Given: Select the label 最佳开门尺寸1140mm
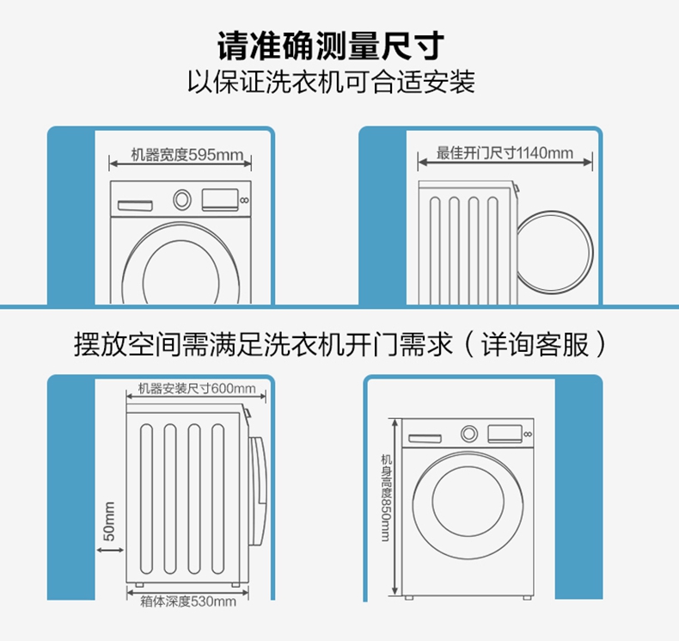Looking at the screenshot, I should coord(505,154).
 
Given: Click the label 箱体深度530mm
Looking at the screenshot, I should coord(188,601).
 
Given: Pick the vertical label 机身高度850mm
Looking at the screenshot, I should coord(385,498).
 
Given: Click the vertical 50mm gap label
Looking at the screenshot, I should coord(109,521).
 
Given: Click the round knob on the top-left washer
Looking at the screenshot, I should coord(182,200).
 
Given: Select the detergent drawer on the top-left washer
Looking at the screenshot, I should coord(135,205).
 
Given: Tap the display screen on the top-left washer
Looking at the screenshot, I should coord(220,200).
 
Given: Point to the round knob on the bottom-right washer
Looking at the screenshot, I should coord(469,434).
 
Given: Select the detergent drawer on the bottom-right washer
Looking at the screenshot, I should coord(425,438).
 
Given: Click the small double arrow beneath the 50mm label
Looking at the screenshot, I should coord(109,554).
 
